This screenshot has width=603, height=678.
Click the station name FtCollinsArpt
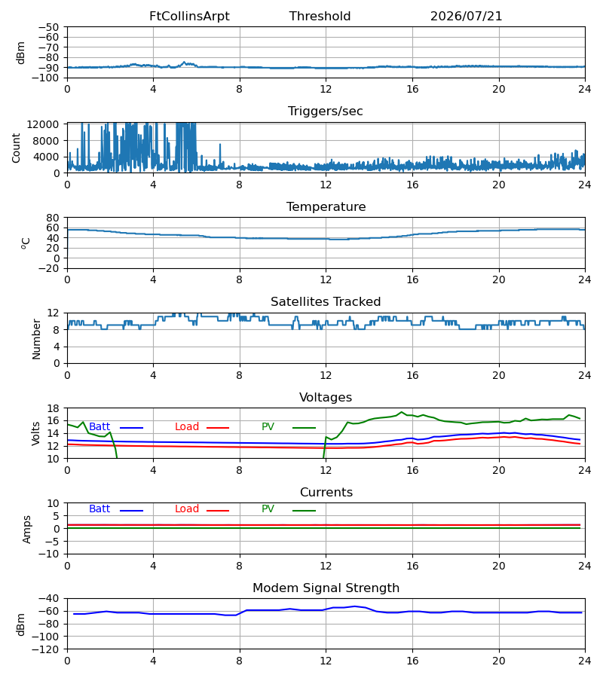(x=189, y=17)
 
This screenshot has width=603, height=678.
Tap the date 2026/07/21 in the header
(x=466, y=17)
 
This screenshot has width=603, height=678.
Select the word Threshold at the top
(x=320, y=17)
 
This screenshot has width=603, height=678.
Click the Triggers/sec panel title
(x=326, y=111)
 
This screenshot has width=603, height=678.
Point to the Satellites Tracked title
(x=326, y=302)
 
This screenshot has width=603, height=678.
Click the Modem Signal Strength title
(x=326, y=588)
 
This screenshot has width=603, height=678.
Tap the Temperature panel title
(x=326, y=206)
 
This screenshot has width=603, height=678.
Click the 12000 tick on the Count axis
(x=43, y=125)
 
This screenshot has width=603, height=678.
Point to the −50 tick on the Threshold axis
(x=48, y=27)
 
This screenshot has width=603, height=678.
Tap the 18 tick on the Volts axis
(x=54, y=408)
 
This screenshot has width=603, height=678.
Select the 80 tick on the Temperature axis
(x=54, y=218)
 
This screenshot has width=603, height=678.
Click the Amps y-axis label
(x=27, y=530)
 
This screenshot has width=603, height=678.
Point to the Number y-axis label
(x=36, y=340)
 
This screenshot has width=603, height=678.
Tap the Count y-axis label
(x=17, y=148)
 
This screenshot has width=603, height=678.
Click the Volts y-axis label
(x=35, y=434)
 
